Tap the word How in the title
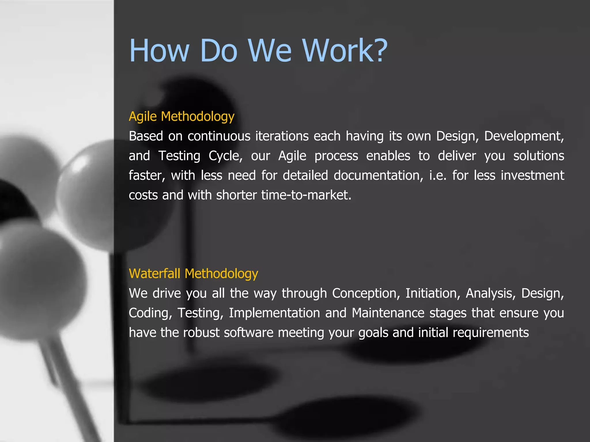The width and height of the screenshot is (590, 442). (x=159, y=51)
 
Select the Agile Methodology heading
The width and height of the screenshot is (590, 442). (x=181, y=117)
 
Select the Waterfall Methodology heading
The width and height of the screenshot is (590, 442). (x=193, y=274)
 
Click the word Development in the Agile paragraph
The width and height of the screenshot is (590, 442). (x=523, y=136)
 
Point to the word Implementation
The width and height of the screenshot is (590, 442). (x=274, y=313)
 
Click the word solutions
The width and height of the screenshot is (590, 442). (x=538, y=156)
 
